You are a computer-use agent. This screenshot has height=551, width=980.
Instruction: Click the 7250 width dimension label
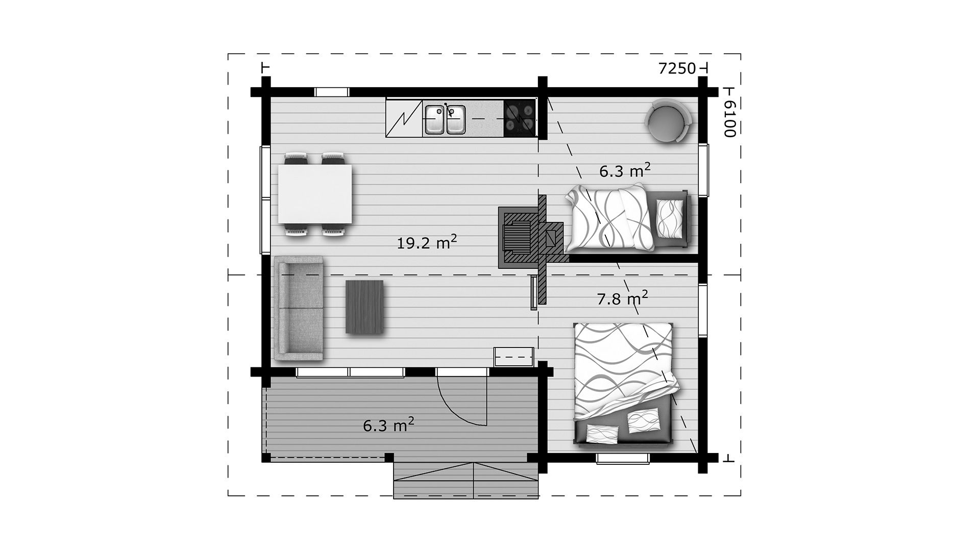[677, 68]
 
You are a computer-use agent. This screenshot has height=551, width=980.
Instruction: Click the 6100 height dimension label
[730, 118]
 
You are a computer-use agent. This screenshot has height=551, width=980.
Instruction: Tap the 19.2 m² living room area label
[427, 242]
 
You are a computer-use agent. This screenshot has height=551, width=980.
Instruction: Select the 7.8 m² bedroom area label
[622, 298]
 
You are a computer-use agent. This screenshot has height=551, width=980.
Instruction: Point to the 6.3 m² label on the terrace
[388, 425]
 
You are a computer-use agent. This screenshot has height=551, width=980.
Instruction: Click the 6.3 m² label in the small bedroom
[625, 170]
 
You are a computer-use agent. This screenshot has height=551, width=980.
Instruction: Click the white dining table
[315, 194]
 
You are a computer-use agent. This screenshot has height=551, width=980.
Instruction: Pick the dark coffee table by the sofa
[364, 307]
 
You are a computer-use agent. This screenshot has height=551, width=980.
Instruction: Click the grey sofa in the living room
[299, 309]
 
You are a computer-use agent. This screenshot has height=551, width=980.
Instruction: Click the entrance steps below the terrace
[466, 480]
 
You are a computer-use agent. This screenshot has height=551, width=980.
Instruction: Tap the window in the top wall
[332, 92]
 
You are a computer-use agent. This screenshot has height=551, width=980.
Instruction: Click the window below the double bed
[623, 459]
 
